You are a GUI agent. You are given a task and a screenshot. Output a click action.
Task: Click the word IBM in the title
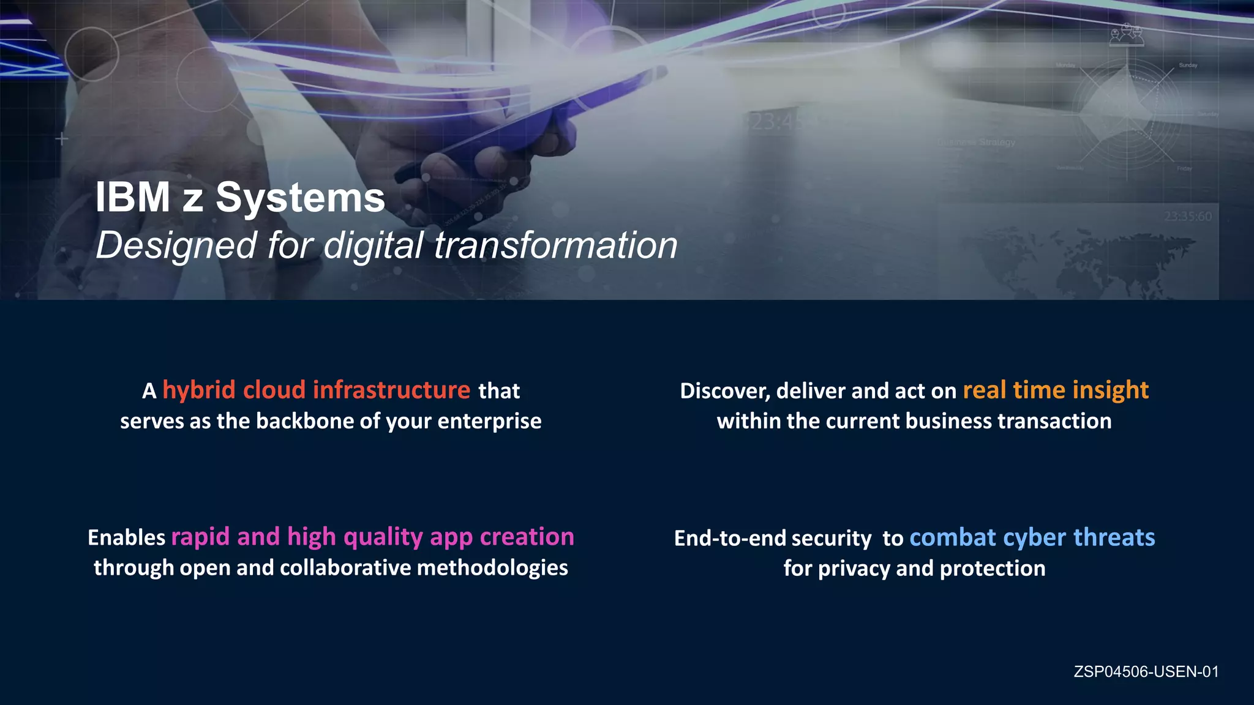click(132, 198)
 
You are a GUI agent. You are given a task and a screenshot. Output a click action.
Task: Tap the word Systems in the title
click(300, 198)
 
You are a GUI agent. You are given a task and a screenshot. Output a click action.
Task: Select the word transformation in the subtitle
click(555, 245)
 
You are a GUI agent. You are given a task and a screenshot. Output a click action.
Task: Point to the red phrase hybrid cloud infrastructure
click(316, 390)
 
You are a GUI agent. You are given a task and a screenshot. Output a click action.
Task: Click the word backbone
click(318, 421)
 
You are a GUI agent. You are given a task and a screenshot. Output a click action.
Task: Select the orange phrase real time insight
click(1056, 390)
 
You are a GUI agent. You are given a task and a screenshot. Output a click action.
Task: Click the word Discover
click(725, 391)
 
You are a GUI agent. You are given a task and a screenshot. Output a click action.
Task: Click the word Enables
click(126, 537)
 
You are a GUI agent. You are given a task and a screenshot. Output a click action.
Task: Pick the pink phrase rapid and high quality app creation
click(372, 537)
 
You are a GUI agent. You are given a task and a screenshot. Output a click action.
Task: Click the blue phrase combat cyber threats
click(1032, 537)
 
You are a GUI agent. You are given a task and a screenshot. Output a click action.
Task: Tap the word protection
click(992, 569)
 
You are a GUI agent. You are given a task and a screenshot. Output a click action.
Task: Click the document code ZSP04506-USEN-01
click(1146, 672)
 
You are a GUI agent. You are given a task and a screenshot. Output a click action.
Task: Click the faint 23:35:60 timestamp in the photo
click(1187, 217)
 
